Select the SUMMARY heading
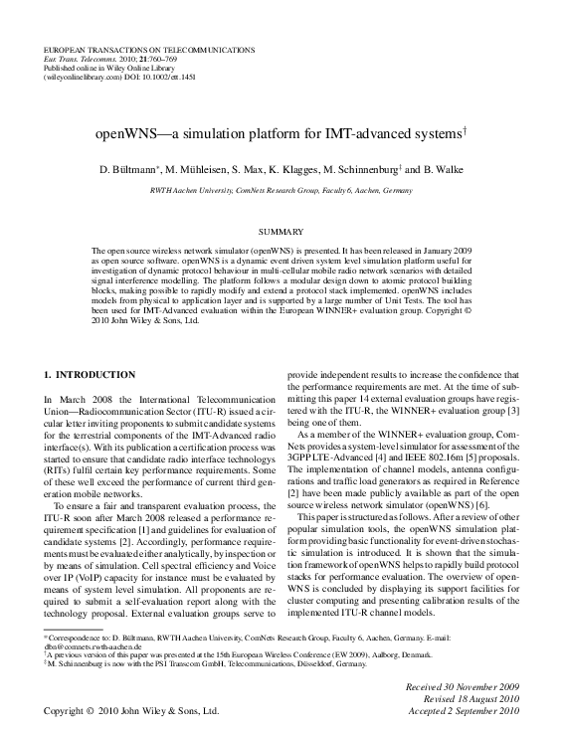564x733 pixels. click(x=282, y=231)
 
